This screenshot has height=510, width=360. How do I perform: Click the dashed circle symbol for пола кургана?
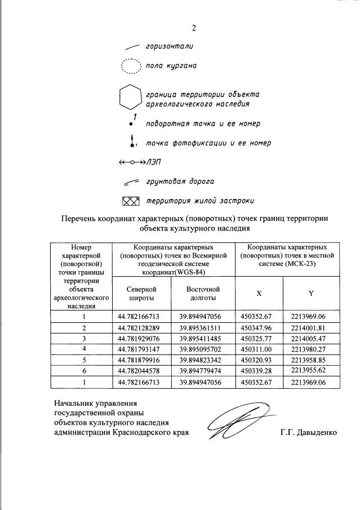click(x=131, y=67)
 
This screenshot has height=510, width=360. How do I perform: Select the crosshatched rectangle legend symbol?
click(x=130, y=201)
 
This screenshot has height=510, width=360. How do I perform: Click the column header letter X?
click(x=259, y=294)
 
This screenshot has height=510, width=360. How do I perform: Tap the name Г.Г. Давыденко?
click(x=308, y=433)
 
